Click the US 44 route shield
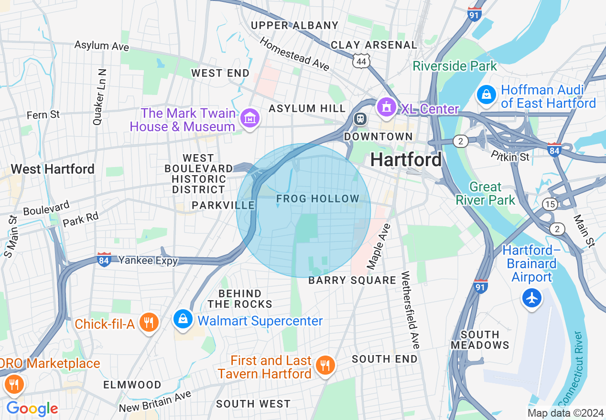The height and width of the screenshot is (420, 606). click(361, 61)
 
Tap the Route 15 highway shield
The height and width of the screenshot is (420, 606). click(550, 204)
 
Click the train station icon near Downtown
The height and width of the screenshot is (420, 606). click(360, 118)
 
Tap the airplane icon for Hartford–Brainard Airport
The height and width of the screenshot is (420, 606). click(532, 298)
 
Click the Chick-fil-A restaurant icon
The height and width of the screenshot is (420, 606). click(149, 323)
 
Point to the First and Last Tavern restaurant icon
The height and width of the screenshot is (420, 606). click(325, 366)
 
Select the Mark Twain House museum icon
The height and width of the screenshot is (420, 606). click(250, 117)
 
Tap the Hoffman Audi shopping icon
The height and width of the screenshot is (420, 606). click(486, 94)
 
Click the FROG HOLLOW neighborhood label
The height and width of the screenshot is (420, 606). click(318, 199)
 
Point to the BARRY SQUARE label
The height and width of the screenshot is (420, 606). click(352, 280)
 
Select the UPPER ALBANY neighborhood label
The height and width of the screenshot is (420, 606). click(294, 25)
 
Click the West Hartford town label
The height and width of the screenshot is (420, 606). click(53, 169)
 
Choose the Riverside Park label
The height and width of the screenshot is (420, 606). click(455, 66)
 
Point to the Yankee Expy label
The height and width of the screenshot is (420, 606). click(148, 261)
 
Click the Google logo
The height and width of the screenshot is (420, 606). click(32, 409)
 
